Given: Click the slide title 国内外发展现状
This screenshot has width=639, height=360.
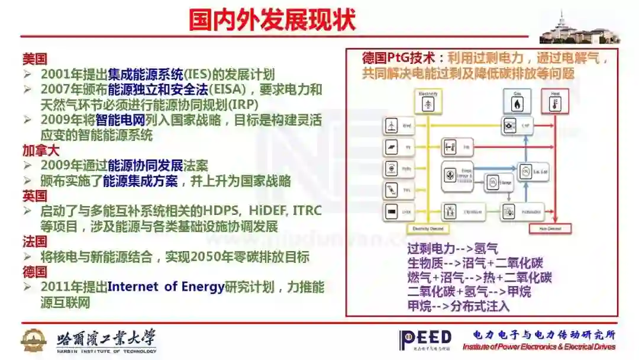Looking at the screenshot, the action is (x=272, y=20).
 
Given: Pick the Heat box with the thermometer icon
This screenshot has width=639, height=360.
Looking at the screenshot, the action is (x=554, y=101).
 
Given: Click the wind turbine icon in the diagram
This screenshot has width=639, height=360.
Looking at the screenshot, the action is (x=392, y=126).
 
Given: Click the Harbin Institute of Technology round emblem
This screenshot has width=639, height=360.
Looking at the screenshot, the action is (x=34, y=340).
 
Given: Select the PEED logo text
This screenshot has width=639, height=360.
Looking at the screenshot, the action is (x=425, y=339).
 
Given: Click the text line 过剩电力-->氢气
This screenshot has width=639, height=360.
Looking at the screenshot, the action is (x=453, y=249).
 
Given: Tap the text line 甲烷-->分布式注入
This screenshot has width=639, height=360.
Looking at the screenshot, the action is (x=459, y=307).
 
